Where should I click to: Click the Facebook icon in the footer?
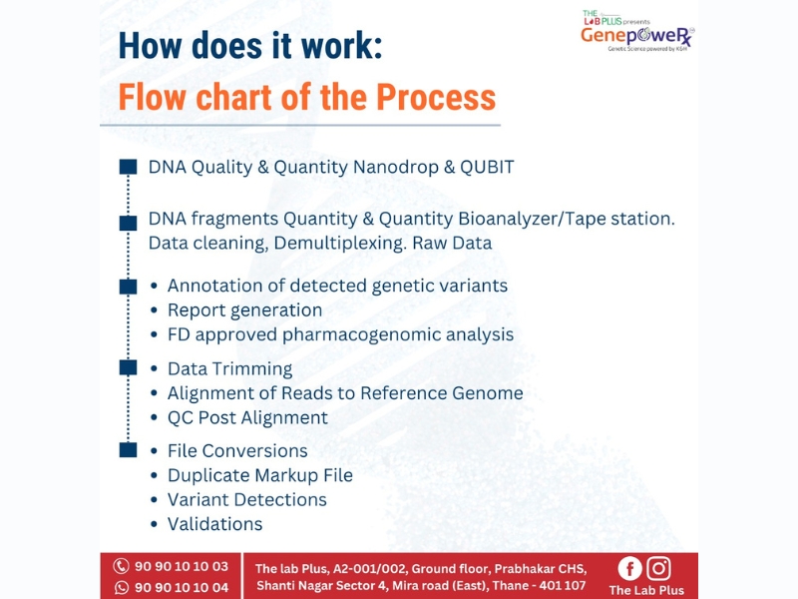pos(629,568)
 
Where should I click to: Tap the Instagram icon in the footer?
pos(658,568)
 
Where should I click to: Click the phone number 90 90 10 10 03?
pos(182,566)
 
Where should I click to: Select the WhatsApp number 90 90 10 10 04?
pos(182,587)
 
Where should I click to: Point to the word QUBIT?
pos(487,167)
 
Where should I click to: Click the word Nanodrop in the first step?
pos(395,167)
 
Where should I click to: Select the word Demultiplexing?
pos(340,243)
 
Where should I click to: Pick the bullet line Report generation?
pos(244,310)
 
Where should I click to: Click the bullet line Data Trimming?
pos(230,368)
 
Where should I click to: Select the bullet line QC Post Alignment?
pos(247,417)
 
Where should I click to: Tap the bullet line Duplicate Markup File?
pos(260,475)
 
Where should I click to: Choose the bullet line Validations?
pos(215,524)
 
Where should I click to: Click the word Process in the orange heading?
pos(436,97)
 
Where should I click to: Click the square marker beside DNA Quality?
pos(128,167)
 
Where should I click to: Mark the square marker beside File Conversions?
pos(128,450)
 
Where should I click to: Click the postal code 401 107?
pos(563,586)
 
